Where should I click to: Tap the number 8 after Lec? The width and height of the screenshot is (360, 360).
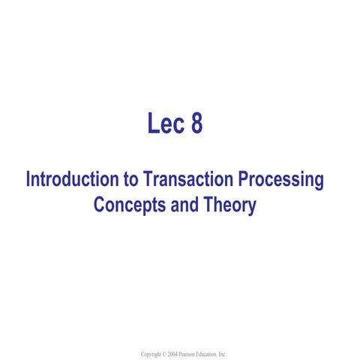[196, 124]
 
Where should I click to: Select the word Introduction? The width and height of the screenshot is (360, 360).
[70, 181]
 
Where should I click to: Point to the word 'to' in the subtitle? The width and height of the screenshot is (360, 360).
[128, 181]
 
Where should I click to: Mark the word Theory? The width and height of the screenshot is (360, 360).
[229, 205]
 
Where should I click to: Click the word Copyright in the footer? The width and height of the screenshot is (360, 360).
[152, 353]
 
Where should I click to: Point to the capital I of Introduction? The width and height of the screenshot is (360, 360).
[28, 181]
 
